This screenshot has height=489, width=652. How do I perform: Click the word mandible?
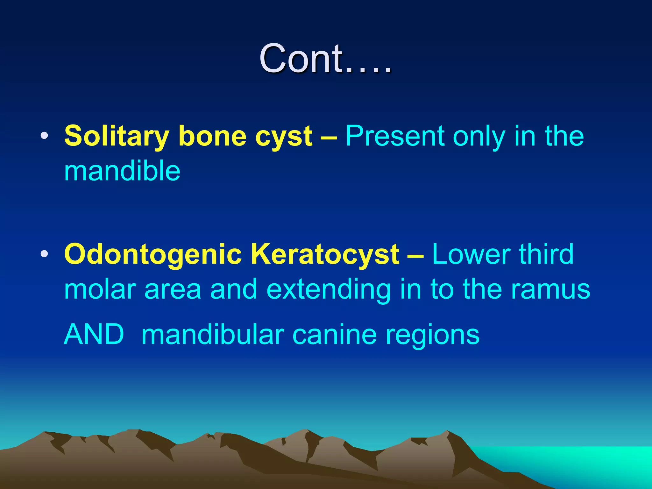coord(122,171)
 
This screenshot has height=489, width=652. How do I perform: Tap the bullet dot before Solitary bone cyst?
coord(45,136)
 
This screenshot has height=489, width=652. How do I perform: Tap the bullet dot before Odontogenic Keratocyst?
coord(45,254)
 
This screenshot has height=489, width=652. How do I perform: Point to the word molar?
coord(100,289)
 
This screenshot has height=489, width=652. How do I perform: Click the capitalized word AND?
coord(94,334)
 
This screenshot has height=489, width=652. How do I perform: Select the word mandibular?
coord(213,334)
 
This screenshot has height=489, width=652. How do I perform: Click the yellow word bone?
coord(212,136)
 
